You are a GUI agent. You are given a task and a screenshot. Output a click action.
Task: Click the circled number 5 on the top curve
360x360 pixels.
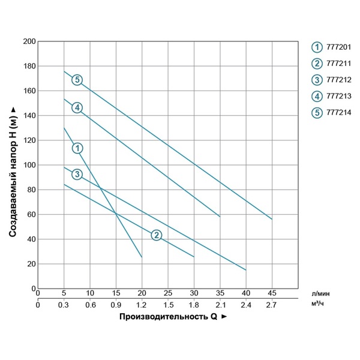click(x=77, y=80)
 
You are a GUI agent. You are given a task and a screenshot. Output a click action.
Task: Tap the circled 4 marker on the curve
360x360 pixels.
click(x=77, y=107)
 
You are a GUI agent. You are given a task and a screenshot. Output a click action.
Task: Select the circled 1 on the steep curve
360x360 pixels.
click(x=77, y=148)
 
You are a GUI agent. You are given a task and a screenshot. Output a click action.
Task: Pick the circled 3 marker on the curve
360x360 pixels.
click(x=77, y=174)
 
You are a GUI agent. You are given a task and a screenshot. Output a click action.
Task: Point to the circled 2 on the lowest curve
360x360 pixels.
click(x=156, y=235)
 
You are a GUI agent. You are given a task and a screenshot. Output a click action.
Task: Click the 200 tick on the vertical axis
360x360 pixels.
click(x=29, y=41)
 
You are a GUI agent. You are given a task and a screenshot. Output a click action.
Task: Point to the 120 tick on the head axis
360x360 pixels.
click(x=29, y=140)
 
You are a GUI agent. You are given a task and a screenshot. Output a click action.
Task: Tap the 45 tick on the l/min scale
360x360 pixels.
click(x=272, y=293)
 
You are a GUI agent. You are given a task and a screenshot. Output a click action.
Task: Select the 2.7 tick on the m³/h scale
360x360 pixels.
click(x=272, y=304)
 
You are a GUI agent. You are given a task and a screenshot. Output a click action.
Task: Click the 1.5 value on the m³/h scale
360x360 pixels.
click(x=168, y=304)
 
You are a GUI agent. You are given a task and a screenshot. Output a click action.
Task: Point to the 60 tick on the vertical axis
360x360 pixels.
click(x=31, y=214)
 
